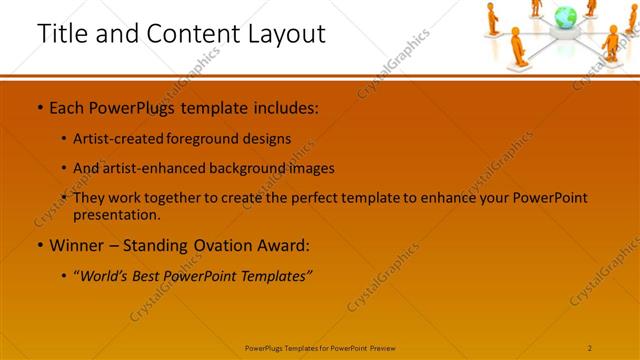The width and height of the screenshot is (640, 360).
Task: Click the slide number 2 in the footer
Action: (x=590, y=348)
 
